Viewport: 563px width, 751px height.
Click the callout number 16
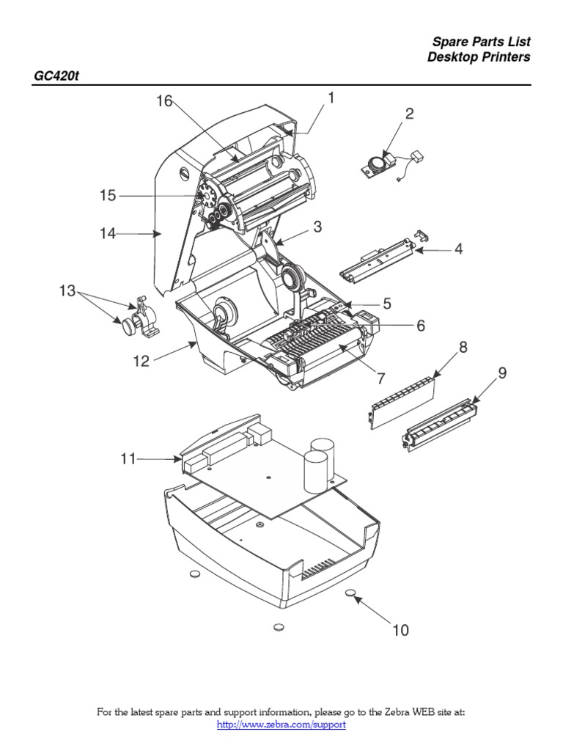(x=163, y=101)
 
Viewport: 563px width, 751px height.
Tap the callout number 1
(x=331, y=98)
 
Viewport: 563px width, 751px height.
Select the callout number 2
(x=410, y=114)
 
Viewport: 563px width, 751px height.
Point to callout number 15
(x=108, y=196)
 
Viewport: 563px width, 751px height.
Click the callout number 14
(x=108, y=233)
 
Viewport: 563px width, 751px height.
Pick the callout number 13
(x=67, y=291)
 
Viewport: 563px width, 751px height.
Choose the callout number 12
(x=141, y=361)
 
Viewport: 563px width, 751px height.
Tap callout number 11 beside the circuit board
(x=128, y=459)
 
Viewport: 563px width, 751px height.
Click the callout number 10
(x=400, y=630)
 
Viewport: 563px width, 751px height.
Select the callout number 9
(x=502, y=373)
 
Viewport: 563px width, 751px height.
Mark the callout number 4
(x=458, y=249)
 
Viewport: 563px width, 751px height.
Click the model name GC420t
(x=56, y=76)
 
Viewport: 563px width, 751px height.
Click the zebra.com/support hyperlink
(x=281, y=725)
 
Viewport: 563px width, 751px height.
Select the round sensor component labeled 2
(x=377, y=162)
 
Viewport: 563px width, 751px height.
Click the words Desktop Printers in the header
(x=479, y=57)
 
